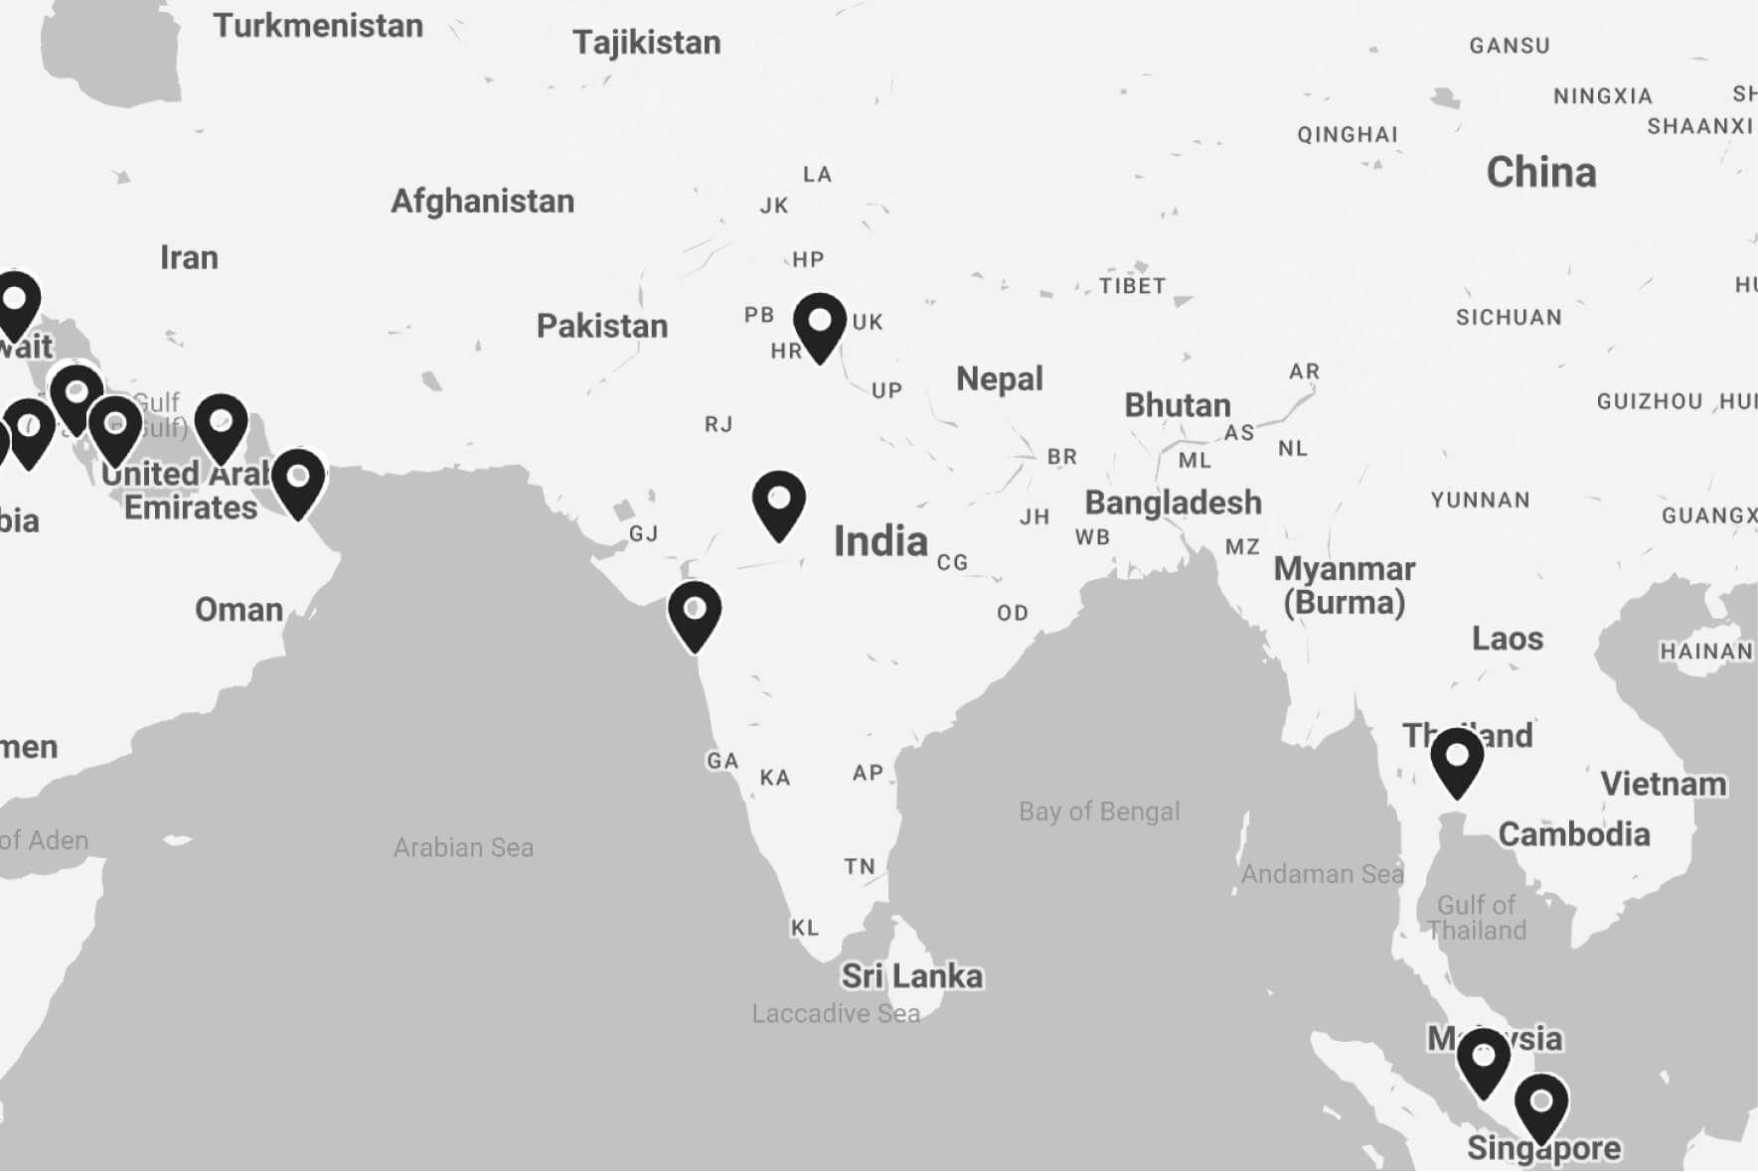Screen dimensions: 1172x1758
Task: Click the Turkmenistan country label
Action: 318,26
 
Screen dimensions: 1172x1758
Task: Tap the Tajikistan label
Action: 646,43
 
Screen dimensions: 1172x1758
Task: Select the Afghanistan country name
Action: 482,202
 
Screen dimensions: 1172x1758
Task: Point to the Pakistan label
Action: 601,326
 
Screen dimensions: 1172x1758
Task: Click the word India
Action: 880,541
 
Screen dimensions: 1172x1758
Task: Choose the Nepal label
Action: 999,378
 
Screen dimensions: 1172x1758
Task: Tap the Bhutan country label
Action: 1177,405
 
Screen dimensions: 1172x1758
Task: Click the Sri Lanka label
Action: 911,976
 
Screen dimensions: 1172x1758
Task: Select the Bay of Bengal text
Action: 1099,811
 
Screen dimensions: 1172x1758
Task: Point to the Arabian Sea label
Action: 463,847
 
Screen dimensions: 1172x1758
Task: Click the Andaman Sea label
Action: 1322,874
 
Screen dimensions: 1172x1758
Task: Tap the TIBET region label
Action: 1132,286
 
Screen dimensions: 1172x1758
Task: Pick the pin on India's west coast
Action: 695,614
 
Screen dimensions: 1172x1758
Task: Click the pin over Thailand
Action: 1457,761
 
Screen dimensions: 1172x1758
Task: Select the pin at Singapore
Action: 1541,1106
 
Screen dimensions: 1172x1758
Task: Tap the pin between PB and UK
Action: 819,326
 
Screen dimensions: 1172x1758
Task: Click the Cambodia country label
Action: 1573,834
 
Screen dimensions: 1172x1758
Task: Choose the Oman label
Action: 239,609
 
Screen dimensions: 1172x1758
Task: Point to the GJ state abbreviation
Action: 643,534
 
